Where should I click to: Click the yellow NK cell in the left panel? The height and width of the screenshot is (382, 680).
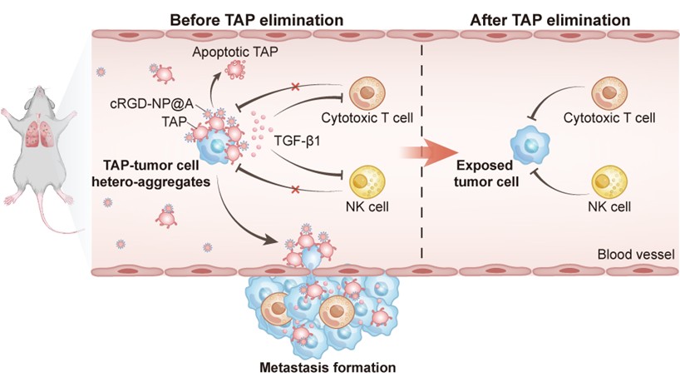[364, 178]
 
